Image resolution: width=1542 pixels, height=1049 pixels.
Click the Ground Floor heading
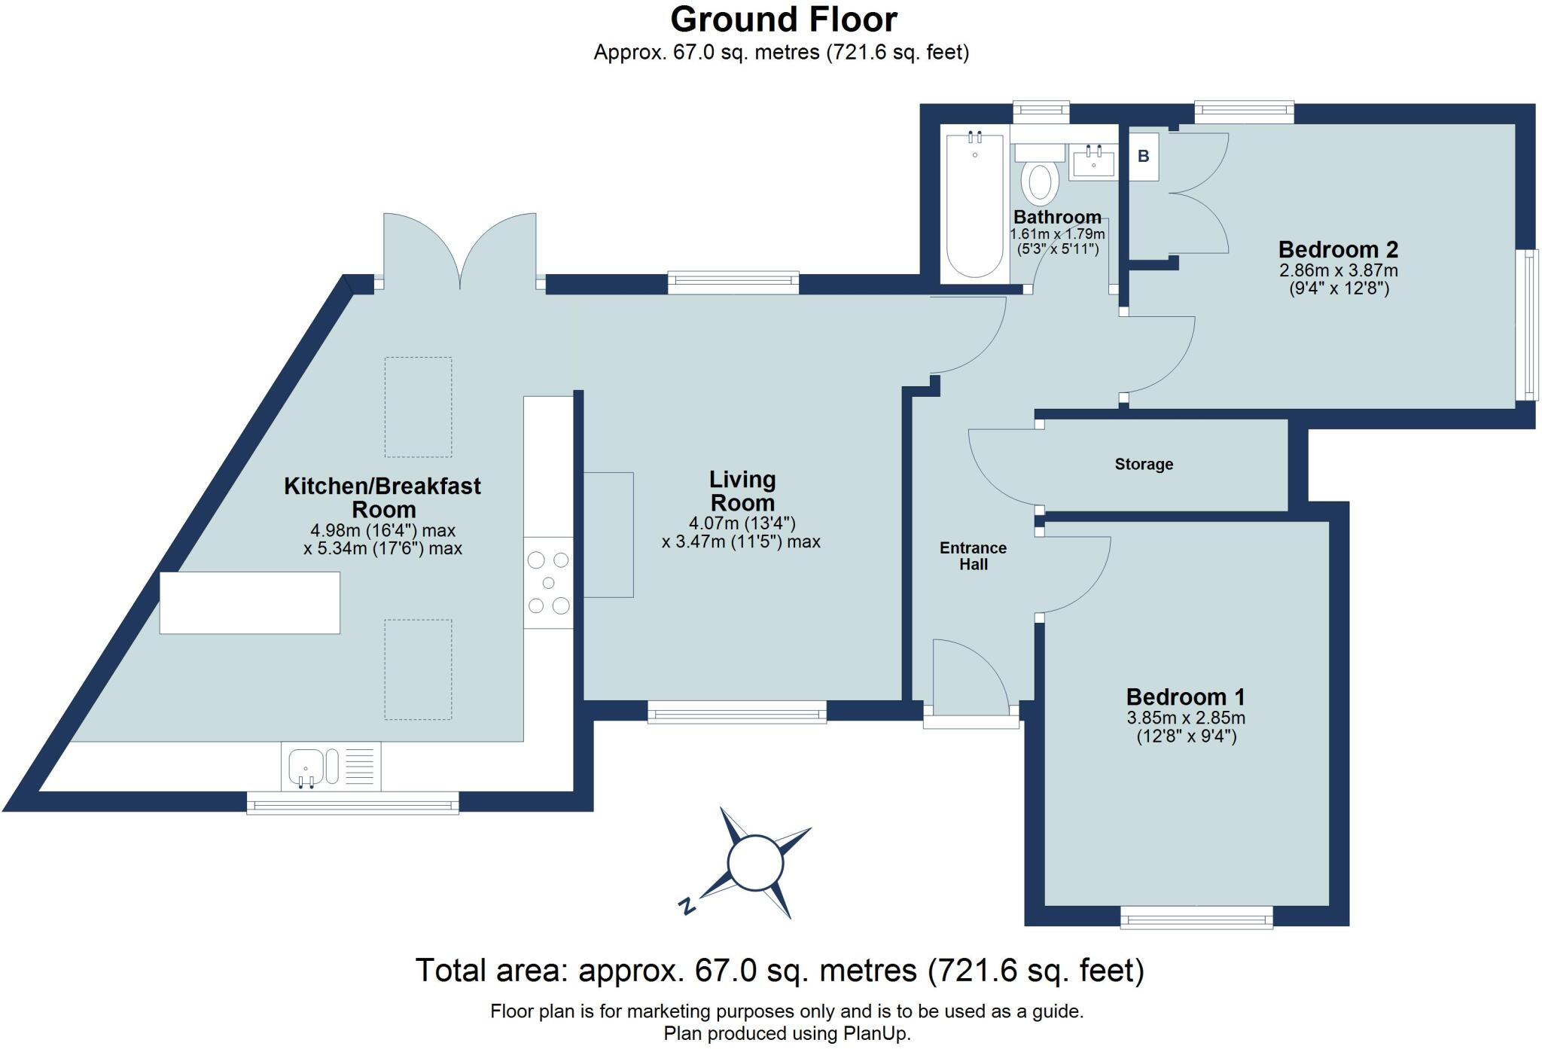tap(783, 20)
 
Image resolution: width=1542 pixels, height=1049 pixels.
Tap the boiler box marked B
tap(1143, 157)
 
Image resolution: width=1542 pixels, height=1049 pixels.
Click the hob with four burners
tap(548, 582)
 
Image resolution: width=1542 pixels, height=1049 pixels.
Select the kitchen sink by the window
tap(306, 767)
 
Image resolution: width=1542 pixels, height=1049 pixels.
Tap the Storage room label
tap(1143, 464)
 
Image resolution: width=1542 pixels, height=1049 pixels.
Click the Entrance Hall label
tap(973, 556)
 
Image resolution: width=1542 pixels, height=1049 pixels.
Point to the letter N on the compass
tap(686, 906)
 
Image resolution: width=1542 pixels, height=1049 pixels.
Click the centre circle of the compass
tap(755, 863)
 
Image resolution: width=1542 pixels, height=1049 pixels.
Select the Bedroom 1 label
tap(1185, 697)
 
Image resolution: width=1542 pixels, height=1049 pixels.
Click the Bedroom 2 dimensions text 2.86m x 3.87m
tap(1338, 270)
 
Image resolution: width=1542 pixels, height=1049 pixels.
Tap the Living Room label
tap(742, 491)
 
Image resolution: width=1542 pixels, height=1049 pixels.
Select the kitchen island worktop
tap(249, 602)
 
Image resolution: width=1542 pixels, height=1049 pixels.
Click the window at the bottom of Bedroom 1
tap(1196, 917)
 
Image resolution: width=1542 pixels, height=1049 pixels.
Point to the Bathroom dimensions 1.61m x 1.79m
tap(1056, 234)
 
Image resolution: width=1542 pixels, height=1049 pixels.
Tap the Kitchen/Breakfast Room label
tap(382, 497)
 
